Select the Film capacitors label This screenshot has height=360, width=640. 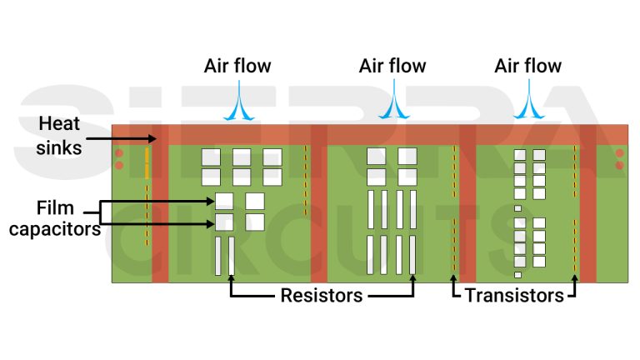(55, 217)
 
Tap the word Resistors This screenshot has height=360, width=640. (321, 295)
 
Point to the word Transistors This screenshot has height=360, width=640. (514, 295)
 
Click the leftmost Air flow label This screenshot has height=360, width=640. (237, 66)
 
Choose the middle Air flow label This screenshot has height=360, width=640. (392, 66)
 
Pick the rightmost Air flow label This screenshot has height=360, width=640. (527, 66)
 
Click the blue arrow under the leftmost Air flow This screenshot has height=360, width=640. (237, 103)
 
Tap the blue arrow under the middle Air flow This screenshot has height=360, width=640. (392, 103)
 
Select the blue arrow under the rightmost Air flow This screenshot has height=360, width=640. (527, 103)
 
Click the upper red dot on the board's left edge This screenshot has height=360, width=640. (119, 153)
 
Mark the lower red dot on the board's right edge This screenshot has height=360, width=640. (619, 166)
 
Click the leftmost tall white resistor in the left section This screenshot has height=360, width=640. (218, 256)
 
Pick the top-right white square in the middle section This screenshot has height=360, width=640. (407, 156)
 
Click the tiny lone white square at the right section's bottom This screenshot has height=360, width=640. (517, 274)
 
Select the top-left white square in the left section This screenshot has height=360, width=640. (211, 157)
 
